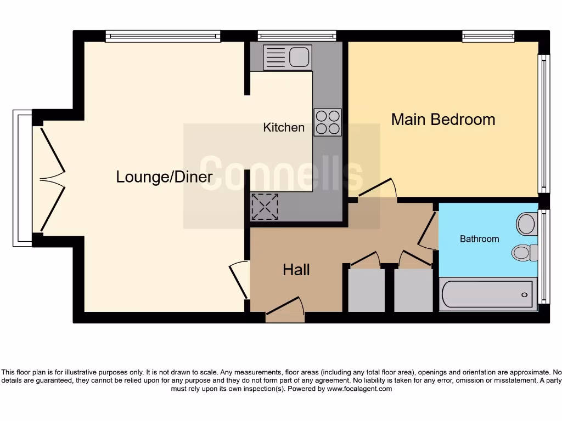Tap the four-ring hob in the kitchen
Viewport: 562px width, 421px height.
(x=328, y=122)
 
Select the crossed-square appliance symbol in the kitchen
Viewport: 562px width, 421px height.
(x=265, y=207)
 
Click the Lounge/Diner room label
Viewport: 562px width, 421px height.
(x=164, y=177)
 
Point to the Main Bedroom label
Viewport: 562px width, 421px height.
(x=443, y=120)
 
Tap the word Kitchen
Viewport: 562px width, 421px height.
(x=284, y=128)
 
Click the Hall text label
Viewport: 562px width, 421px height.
(x=296, y=270)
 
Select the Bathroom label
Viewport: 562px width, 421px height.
(x=479, y=239)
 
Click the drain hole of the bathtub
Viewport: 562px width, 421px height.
(x=525, y=294)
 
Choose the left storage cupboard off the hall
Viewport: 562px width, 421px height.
(x=367, y=291)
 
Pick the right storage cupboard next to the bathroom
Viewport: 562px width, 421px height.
(x=414, y=291)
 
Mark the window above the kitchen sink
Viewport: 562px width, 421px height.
(x=297, y=36)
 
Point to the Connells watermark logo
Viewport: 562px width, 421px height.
(x=281, y=174)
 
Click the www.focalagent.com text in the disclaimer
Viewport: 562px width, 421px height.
(x=359, y=389)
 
